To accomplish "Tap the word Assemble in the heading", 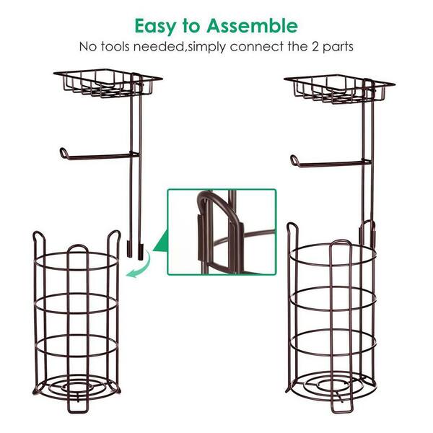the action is (252, 26).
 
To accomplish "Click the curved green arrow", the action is (140, 265).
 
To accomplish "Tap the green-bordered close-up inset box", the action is (222, 232).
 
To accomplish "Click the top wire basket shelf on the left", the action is (108, 83).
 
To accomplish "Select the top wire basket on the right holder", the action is (339, 89).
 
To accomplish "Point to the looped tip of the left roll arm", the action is (64, 153).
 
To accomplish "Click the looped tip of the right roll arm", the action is (294, 160).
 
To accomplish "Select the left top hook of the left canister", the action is (39, 237).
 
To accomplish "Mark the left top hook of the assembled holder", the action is (292, 229).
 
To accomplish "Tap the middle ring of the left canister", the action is (76, 303).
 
